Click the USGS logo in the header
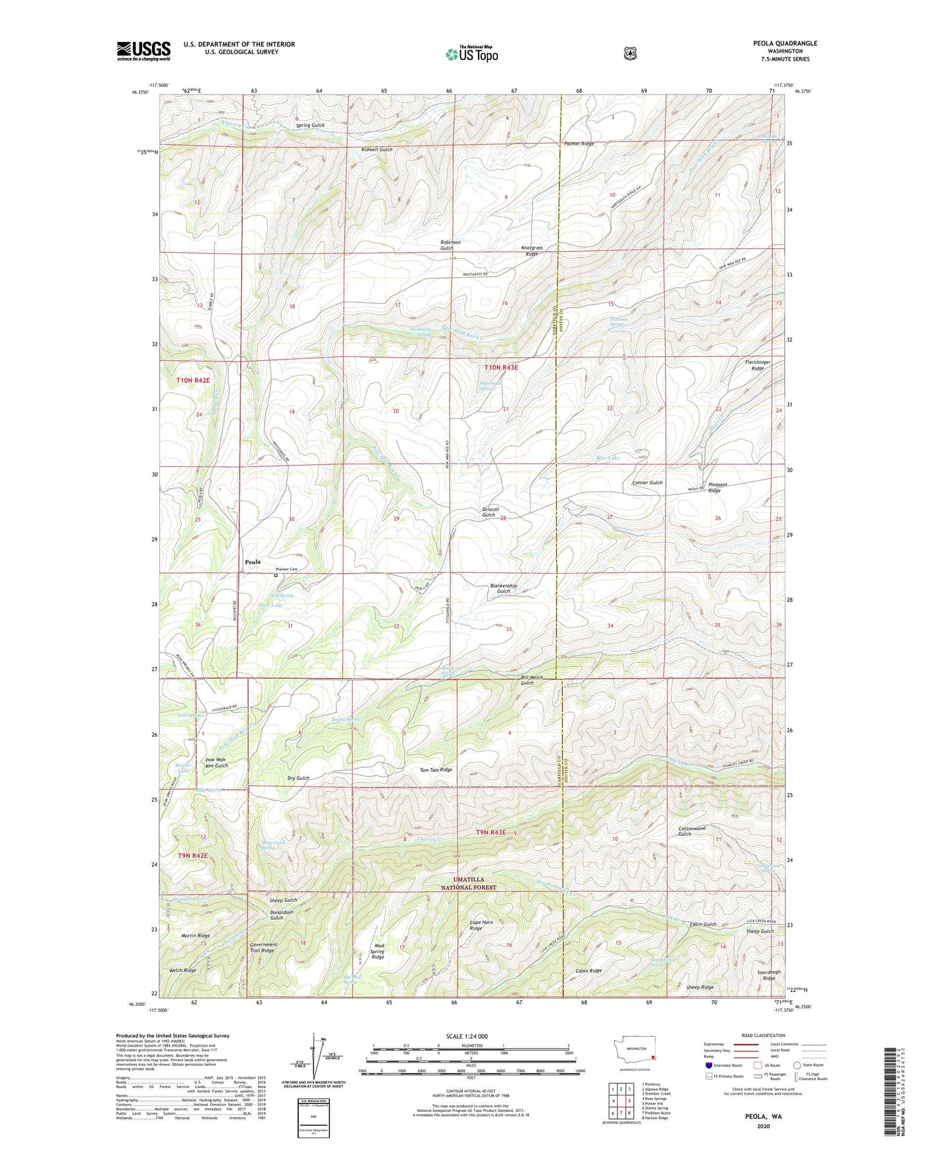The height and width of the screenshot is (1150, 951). point(143,50)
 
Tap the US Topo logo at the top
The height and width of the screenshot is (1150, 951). point(471,53)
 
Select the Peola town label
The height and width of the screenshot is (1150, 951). point(252,562)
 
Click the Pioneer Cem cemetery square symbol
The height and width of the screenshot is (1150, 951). point(276,576)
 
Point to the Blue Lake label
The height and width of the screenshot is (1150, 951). point(607,458)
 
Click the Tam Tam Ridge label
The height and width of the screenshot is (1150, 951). point(436,769)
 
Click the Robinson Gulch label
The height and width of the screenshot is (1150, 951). point(450,245)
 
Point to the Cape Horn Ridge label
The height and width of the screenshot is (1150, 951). point(481,925)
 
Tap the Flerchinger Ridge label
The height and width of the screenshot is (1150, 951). point(758,365)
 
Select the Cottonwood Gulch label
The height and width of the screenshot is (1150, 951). point(692,831)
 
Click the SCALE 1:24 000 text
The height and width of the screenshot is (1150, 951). point(467,1036)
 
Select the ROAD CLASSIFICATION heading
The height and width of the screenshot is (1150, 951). point(763,1035)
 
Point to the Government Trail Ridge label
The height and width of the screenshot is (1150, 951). point(263,947)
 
